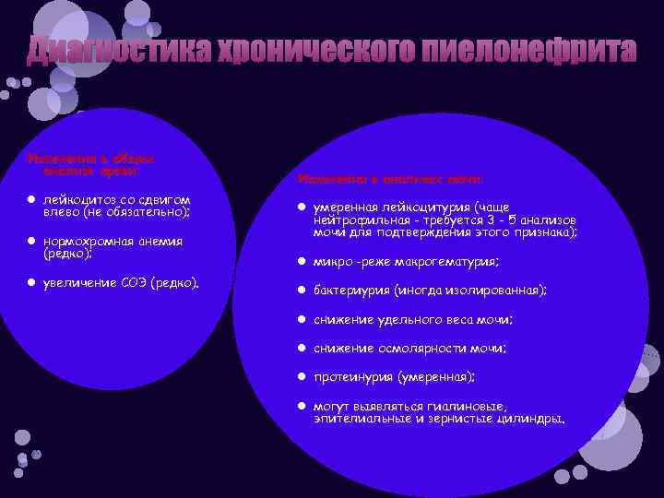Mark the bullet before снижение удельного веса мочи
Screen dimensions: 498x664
point(301,320)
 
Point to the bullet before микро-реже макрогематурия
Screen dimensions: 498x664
point(301,262)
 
